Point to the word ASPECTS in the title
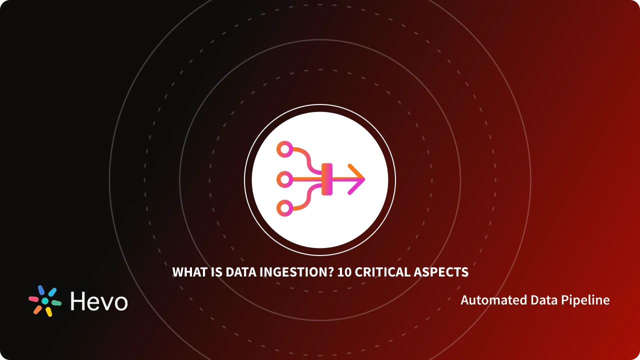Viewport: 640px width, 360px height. click(x=441, y=272)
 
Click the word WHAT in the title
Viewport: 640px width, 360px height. click(x=190, y=272)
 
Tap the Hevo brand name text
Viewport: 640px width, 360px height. click(x=99, y=301)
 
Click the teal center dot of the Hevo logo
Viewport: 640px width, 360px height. click(x=45, y=301)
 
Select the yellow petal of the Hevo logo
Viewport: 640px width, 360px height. click(x=49, y=312)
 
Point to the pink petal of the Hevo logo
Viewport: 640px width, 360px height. click(x=33, y=299)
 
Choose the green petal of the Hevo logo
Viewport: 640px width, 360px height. click(x=56, y=303)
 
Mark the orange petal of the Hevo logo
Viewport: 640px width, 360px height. click(x=37, y=309)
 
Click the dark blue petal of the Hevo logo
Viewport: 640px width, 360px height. click(x=41, y=290)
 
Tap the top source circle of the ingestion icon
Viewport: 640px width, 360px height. click(x=285, y=148)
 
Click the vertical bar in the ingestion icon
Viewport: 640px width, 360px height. click(x=327, y=179)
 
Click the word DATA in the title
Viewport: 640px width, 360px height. click(x=239, y=272)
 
